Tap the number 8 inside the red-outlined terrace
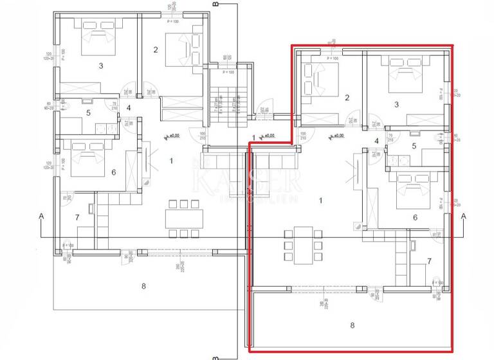(352, 325)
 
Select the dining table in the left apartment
(180, 219)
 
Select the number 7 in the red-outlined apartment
(429, 261)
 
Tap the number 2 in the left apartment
(156, 49)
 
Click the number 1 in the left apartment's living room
(172, 160)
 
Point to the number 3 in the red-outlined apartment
(396, 104)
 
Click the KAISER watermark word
(247, 181)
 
